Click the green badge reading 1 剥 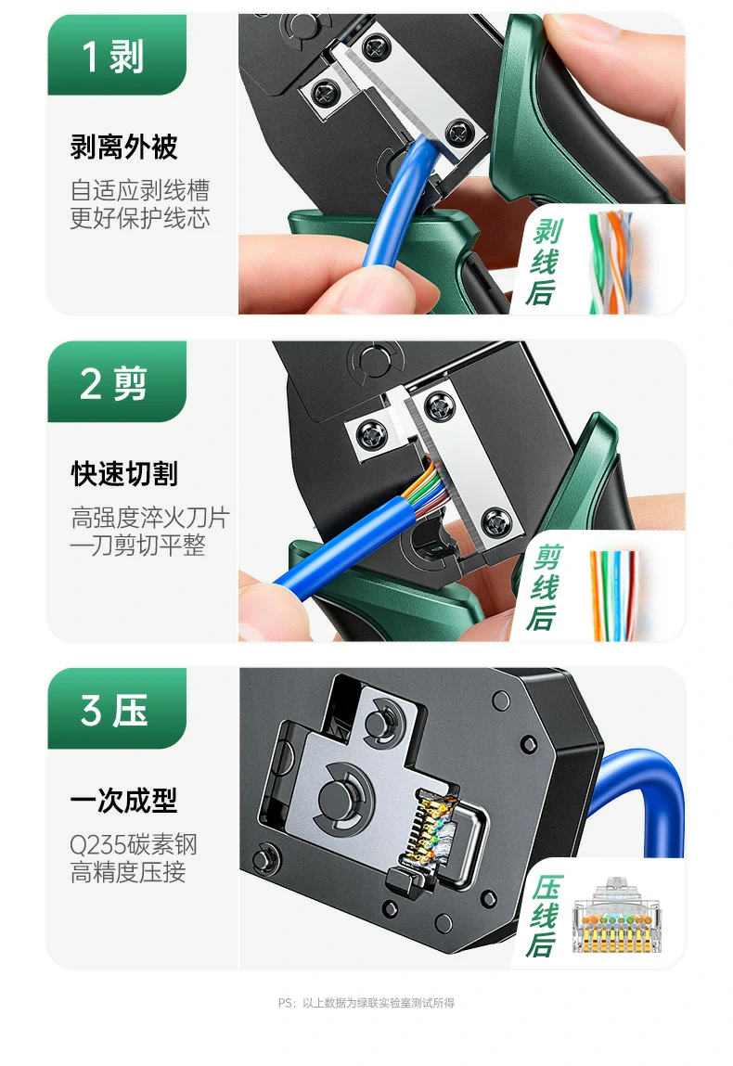tap(115, 57)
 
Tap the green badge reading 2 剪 tap(115, 383)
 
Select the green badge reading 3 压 tap(115, 711)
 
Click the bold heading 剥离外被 tap(124, 147)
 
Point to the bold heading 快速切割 tap(124, 474)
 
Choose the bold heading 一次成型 tap(124, 801)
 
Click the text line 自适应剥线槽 tap(140, 191)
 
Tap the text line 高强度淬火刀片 tap(149, 518)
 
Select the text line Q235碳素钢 tap(134, 845)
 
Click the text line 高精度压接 tap(128, 872)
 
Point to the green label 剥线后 tap(546, 263)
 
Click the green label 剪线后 tap(546, 588)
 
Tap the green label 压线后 tap(546, 916)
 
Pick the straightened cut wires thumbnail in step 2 tap(614, 594)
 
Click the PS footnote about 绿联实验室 tap(366, 1003)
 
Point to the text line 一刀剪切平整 tap(138, 546)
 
